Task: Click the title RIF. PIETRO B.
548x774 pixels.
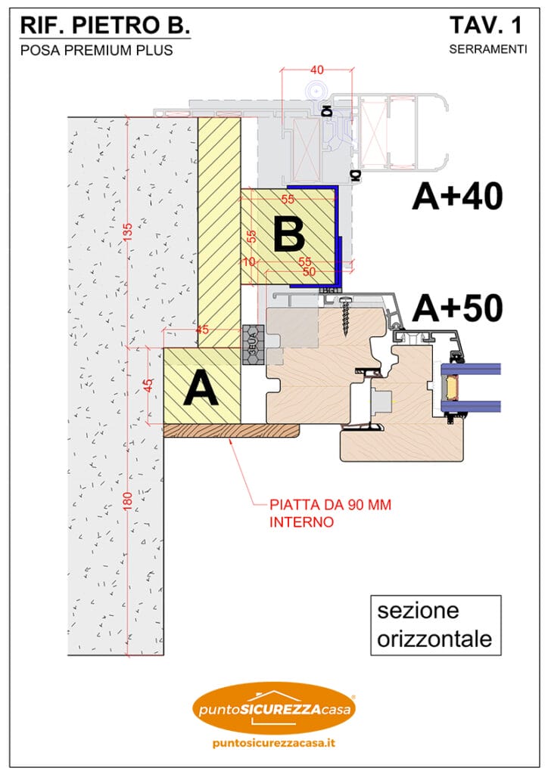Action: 104,25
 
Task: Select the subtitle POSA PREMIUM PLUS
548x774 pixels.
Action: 96,51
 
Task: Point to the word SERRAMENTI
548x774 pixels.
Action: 487,50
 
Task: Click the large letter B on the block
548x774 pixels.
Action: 288,235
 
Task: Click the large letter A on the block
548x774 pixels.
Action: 201,389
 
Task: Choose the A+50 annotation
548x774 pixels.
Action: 457,309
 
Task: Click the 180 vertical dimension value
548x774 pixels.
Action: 128,503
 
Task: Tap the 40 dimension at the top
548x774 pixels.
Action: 316,70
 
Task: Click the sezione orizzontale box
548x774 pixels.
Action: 434,624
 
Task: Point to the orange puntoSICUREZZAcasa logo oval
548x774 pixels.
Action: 274,708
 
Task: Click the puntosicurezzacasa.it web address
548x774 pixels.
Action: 274,743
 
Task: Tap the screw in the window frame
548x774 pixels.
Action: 347,316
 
